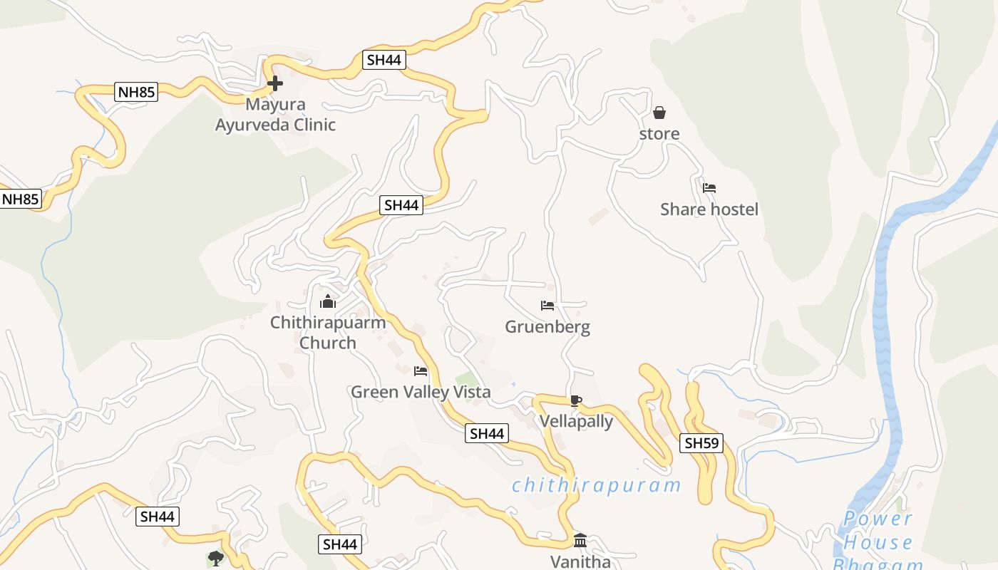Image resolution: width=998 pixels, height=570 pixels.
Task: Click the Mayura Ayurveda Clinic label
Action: pyautogui.click(x=275, y=115)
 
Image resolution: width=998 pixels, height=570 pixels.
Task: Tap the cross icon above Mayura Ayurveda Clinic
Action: pyautogui.click(x=274, y=84)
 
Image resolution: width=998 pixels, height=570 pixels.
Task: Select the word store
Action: pyautogui.click(x=659, y=134)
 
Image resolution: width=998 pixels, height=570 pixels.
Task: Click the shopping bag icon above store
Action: pyautogui.click(x=659, y=113)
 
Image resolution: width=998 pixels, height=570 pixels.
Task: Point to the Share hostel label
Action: pyautogui.click(x=709, y=209)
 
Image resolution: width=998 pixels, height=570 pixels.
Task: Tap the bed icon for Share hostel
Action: pyautogui.click(x=709, y=188)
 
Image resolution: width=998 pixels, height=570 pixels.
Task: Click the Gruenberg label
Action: pyautogui.click(x=547, y=327)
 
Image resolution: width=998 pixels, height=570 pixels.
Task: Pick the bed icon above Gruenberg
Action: pyautogui.click(x=547, y=306)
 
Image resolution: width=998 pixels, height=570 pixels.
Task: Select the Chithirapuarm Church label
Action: pyautogui.click(x=328, y=333)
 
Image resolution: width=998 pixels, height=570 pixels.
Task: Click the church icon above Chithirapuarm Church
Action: pyautogui.click(x=328, y=302)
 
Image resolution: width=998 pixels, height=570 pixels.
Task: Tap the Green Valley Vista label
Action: pyautogui.click(x=421, y=392)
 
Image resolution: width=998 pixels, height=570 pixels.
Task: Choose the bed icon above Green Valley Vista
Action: pyautogui.click(x=421, y=370)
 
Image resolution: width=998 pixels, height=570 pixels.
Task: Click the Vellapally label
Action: pyautogui.click(x=576, y=421)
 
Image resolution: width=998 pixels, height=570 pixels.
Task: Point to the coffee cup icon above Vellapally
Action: pyautogui.click(x=576, y=400)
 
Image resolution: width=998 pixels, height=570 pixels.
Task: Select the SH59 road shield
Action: pyautogui.click(x=701, y=443)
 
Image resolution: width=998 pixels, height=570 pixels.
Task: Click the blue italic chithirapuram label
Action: pyautogui.click(x=596, y=486)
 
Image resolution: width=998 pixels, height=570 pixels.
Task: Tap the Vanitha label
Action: pyautogui.click(x=580, y=561)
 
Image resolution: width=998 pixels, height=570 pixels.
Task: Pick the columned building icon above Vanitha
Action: pyautogui.click(x=580, y=540)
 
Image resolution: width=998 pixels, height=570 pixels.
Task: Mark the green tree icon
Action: pyautogui.click(x=215, y=558)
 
